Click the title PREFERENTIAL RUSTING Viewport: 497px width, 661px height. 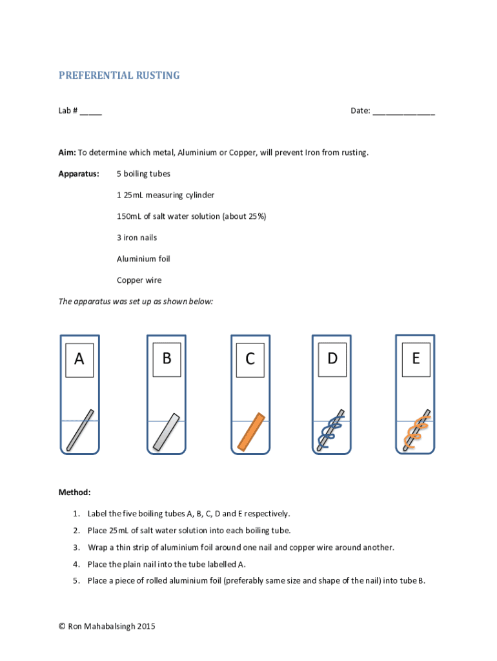[119, 76]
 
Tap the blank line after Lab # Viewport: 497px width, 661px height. [91, 111]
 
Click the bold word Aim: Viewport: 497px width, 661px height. [67, 153]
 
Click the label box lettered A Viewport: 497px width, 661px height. [79, 360]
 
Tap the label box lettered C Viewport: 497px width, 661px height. [250, 360]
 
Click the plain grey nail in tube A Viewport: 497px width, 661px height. [80, 430]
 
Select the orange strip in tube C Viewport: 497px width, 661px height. [251, 431]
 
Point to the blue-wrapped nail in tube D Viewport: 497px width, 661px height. [330, 430]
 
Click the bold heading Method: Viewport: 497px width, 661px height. [75, 493]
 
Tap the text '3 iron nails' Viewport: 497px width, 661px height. [137, 238]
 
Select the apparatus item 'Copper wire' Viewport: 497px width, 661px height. [139, 280]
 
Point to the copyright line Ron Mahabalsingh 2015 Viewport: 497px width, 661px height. [107, 626]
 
